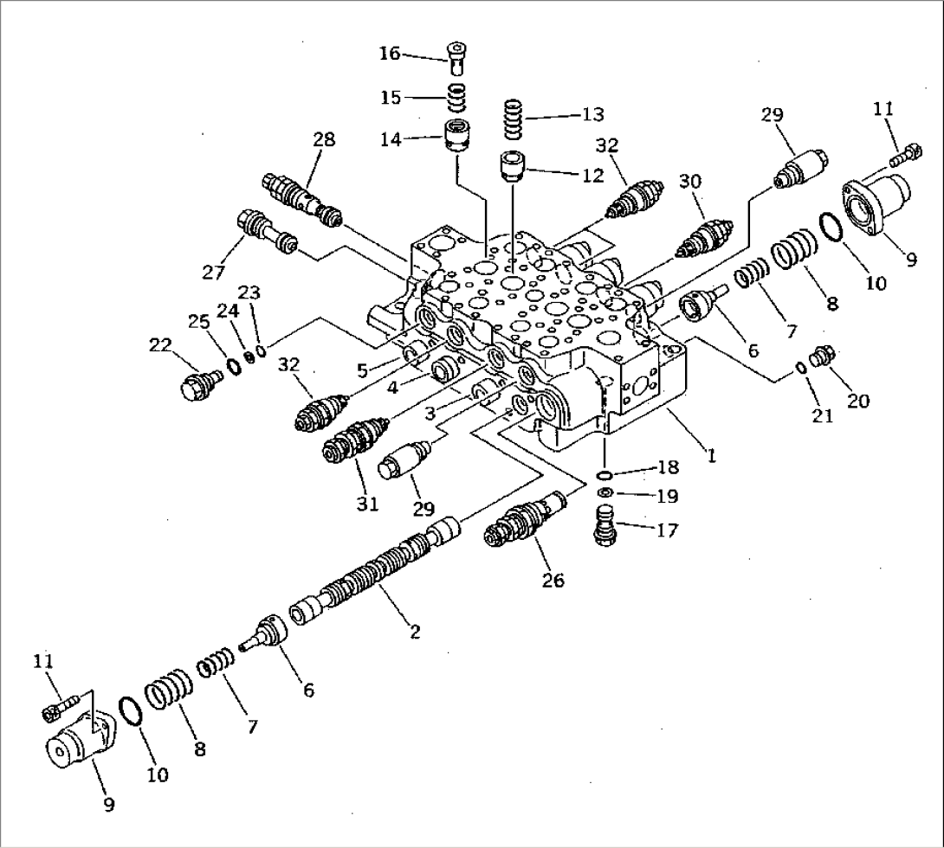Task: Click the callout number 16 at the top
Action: coord(389,54)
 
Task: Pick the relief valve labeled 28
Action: coord(300,200)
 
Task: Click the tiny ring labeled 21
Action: coord(802,369)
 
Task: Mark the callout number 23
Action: coord(249,292)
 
